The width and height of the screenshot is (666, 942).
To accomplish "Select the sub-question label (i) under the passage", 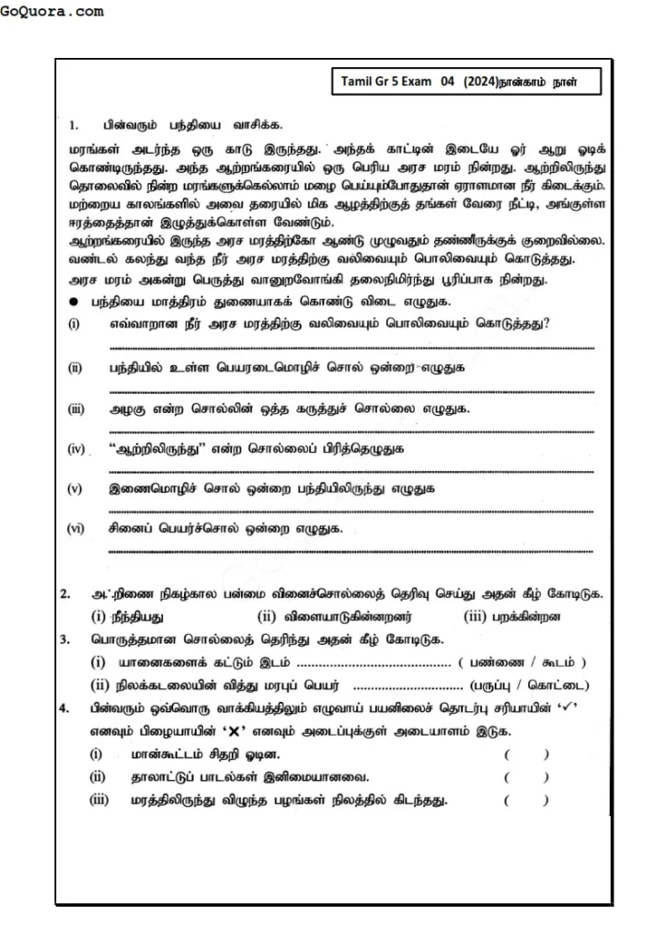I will click(x=74, y=323).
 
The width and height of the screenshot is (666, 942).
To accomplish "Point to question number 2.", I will click(x=65, y=594).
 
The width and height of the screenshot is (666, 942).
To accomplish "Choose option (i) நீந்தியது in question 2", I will click(x=135, y=615).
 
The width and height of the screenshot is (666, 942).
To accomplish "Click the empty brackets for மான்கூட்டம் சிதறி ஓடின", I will click(x=526, y=755).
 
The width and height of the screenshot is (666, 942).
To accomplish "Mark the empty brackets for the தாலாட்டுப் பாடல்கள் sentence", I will click(x=526, y=777).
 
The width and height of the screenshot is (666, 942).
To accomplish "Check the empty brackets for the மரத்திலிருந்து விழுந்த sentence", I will click(x=526, y=800).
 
